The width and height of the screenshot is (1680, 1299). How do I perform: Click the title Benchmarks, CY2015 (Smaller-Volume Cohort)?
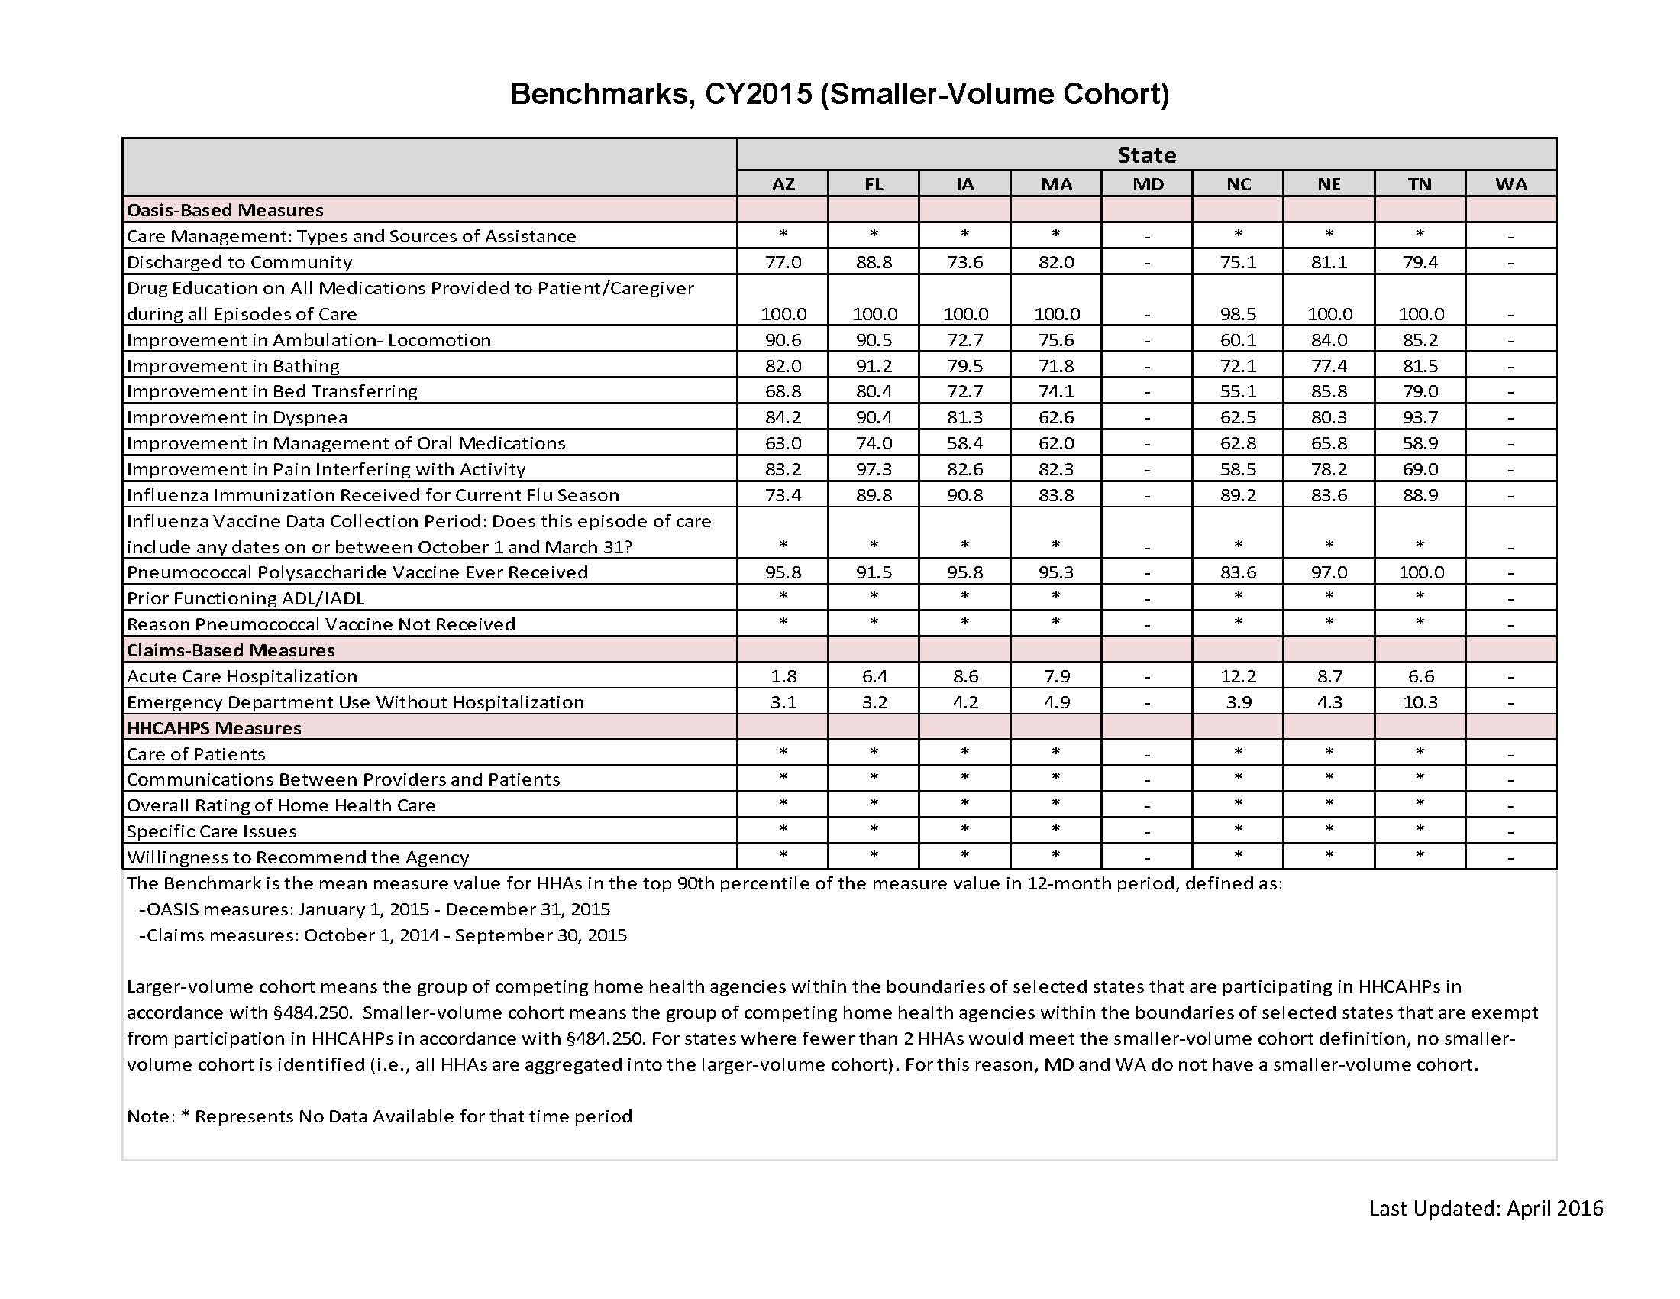[x=839, y=94]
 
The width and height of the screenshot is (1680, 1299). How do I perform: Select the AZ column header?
[x=783, y=185]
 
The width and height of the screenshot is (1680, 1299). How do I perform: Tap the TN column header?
[x=1420, y=185]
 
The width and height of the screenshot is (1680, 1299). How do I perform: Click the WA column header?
[x=1510, y=185]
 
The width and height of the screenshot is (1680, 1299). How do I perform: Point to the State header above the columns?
[x=1146, y=155]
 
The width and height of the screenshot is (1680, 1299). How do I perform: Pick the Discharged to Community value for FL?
[x=874, y=262]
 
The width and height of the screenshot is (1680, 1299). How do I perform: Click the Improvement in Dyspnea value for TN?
[x=1420, y=417]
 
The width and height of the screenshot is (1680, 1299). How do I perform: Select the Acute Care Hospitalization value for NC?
[x=1239, y=676]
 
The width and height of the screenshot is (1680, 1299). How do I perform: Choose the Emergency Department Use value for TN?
[x=1420, y=702]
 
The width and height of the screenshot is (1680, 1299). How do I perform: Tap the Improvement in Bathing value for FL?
[x=874, y=366]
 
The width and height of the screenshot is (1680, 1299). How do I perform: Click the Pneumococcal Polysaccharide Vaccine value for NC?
[x=1239, y=572]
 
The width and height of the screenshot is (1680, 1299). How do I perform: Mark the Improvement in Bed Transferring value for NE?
[x=1329, y=392]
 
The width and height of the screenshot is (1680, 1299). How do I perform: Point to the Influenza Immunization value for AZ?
[x=783, y=496]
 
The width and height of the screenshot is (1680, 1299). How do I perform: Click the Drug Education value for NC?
[x=1239, y=314]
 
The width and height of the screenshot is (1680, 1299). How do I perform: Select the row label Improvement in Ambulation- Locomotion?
[x=309, y=340]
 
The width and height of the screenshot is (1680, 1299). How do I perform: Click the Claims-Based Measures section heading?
[x=231, y=651]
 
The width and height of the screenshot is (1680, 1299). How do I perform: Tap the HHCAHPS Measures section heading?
[x=214, y=729]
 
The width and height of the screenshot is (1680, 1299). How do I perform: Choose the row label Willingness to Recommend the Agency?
[x=298, y=857]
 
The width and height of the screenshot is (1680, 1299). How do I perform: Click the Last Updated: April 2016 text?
[x=1485, y=1208]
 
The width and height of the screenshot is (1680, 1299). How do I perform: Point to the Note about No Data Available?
[x=380, y=1116]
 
